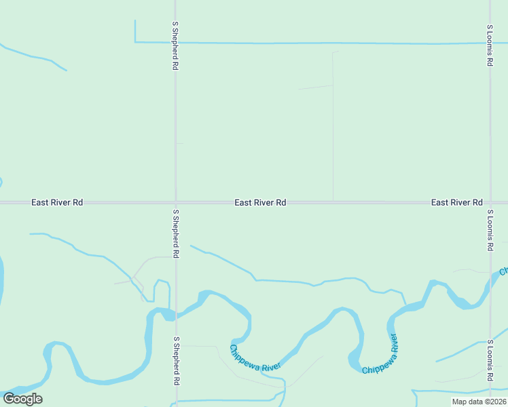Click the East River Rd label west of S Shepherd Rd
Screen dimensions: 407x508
coord(57,202)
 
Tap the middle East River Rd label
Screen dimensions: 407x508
coord(260,202)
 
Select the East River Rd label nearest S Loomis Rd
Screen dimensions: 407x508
coord(456,202)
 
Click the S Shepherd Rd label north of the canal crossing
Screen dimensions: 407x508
coord(175,45)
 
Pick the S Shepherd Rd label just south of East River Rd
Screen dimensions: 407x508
coord(175,233)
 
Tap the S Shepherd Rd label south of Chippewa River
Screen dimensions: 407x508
coord(175,361)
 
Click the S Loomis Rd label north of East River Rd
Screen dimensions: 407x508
coord(490,45)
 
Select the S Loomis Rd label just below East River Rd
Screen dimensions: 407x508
coord(490,231)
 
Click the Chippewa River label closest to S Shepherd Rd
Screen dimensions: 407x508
coord(255,358)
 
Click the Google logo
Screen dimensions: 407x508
coord(22,398)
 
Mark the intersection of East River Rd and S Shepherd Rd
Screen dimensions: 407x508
coord(175,202)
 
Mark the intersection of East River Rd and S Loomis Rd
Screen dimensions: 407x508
coord(490,202)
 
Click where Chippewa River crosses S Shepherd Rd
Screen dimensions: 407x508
coord(175,314)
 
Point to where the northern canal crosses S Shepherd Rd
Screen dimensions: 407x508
coord(175,43)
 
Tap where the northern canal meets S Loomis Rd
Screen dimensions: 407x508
coord(490,43)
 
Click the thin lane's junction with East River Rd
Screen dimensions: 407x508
coord(333,201)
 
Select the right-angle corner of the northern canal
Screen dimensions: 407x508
coord(135,42)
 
